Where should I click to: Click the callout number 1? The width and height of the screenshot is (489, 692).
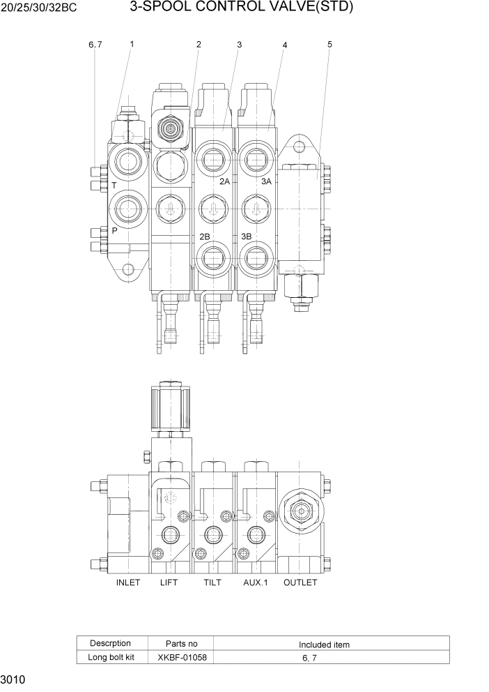132,44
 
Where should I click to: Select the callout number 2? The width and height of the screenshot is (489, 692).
199,44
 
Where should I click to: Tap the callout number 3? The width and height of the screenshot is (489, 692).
239,44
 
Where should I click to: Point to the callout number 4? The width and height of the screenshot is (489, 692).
285,45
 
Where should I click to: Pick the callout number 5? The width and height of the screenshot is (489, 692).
329,44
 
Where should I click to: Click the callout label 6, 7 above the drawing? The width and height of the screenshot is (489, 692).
95,45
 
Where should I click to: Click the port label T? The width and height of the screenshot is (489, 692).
114,186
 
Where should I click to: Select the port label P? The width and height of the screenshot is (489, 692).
114,230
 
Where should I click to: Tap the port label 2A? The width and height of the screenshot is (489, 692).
224,181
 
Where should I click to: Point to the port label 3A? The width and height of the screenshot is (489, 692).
266,181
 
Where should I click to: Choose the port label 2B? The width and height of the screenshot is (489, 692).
205,236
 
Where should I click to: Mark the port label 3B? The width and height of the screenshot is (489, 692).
246,236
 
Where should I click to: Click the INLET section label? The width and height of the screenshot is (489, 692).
128,582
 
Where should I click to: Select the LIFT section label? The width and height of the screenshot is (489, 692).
169,582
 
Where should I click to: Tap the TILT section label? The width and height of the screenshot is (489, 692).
212,582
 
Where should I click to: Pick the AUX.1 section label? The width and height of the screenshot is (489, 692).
256,582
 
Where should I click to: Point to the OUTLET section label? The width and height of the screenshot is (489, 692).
300,582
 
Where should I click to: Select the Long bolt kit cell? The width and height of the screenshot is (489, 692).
111,657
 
